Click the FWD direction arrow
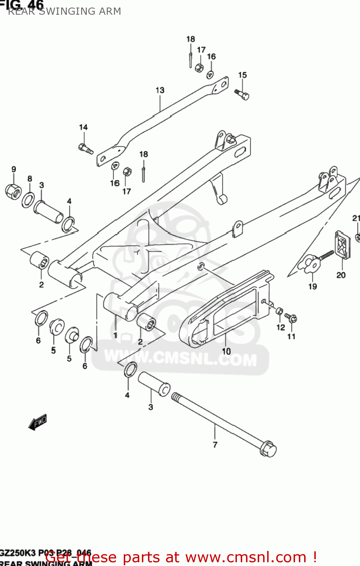pos(38,422)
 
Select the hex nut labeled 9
pos(13,191)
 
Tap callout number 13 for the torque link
pos(160,91)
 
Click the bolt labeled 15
pos(242,94)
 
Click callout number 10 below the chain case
pos(226,351)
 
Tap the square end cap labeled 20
pos(343,246)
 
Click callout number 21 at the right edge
pos(356,218)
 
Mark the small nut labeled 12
pos(279,311)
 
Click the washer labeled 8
pos(28,200)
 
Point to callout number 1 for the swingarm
pos(115,335)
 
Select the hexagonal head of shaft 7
pos(268,449)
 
